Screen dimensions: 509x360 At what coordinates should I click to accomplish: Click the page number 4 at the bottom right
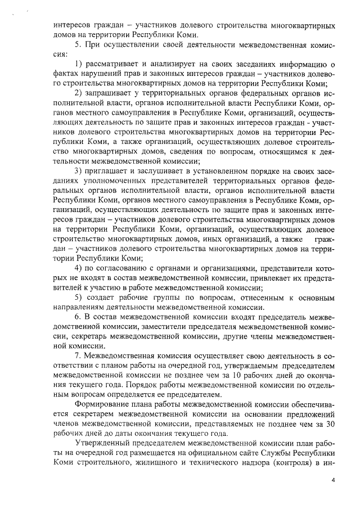[x=333, y=480]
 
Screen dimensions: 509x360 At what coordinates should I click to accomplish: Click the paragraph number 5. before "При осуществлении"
[x=78, y=44]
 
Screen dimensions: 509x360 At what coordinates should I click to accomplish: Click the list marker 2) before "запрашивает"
[x=78, y=92]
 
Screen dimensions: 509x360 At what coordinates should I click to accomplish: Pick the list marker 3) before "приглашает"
[x=78, y=171]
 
